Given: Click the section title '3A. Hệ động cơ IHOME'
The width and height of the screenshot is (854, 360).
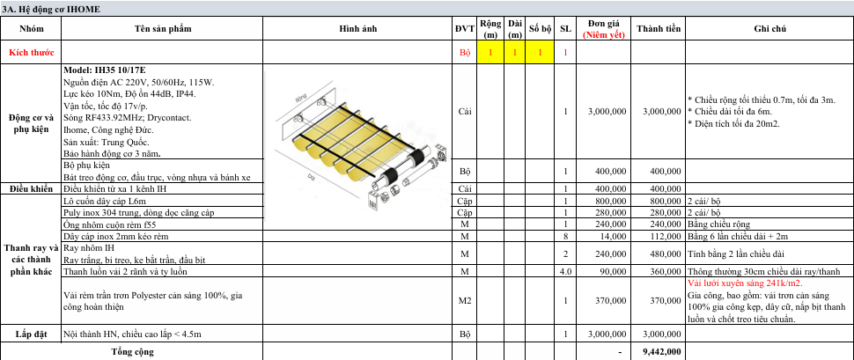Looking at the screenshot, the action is [x=51, y=10].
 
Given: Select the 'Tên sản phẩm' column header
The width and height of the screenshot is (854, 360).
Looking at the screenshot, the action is [x=163, y=29].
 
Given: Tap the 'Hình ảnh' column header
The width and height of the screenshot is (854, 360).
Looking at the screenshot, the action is [x=357, y=29].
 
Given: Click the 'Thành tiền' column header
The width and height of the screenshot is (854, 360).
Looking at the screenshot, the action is [x=658, y=29].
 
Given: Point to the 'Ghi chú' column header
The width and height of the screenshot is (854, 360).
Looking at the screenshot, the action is [x=769, y=29].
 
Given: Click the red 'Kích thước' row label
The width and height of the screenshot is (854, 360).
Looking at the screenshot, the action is [x=31, y=53].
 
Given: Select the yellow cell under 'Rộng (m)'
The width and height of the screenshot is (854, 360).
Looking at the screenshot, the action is [x=490, y=53].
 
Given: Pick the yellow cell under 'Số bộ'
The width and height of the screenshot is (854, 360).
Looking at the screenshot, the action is [x=540, y=53].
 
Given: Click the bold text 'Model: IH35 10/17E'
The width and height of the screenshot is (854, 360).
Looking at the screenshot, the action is [x=105, y=70].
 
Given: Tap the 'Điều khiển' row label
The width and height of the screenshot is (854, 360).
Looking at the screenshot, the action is [x=31, y=189].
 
